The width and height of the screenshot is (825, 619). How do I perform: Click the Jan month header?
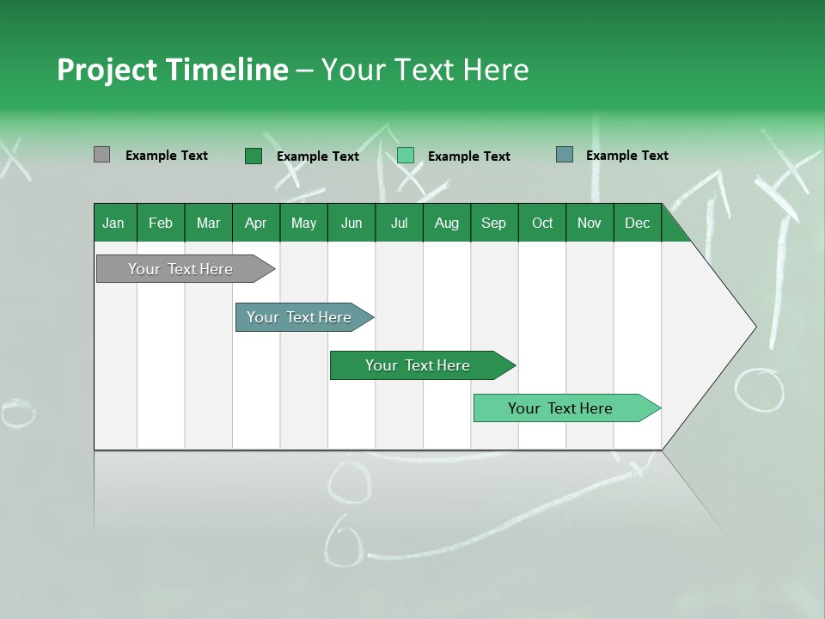tap(113, 223)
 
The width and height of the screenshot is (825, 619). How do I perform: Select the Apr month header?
tap(255, 223)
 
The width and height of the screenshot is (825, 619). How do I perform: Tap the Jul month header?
tap(399, 223)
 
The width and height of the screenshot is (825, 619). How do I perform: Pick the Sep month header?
tap(493, 223)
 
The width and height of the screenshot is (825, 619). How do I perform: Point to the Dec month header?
tap(637, 223)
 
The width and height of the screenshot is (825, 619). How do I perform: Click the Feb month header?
tap(161, 223)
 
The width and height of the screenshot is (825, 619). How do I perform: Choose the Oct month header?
tap(542, 223)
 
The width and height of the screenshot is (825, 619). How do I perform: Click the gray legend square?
tap(101, 155)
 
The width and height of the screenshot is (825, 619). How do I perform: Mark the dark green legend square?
tap(253, 156)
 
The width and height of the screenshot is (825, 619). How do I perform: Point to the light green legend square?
tap(406, 156)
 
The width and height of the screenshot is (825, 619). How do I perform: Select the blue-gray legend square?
tap(564, 155)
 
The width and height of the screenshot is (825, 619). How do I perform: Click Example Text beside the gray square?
tap(167, 156)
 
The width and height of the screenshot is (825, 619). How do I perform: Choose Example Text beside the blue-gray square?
tap(627, 156)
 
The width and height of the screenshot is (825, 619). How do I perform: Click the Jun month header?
tap(351, 223)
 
